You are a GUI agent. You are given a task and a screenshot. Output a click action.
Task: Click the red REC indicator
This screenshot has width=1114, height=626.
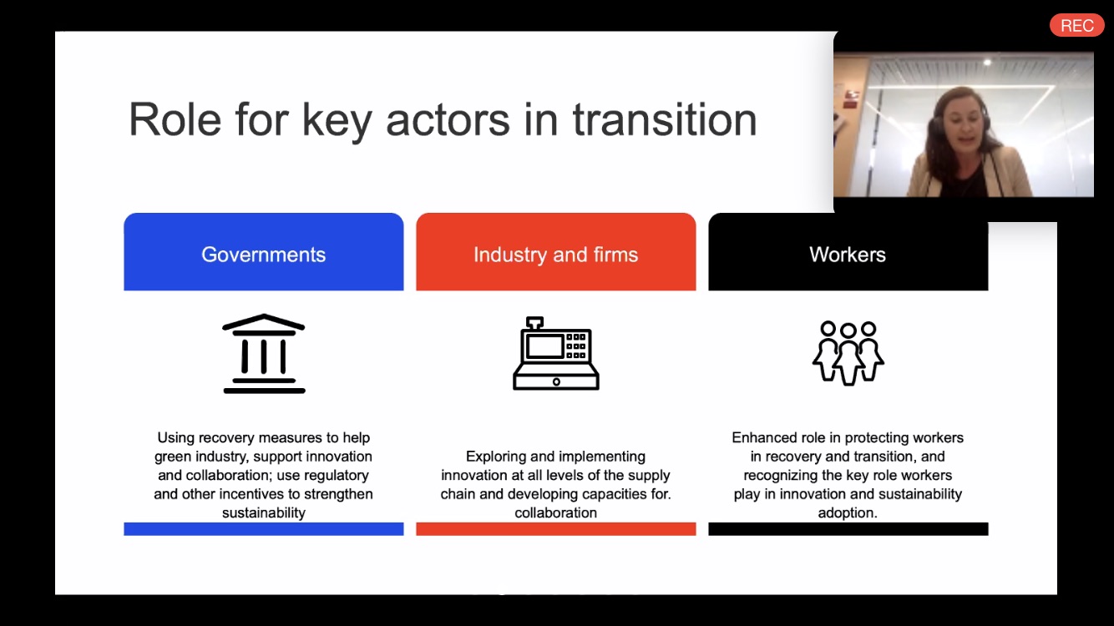(x=1076, y=25)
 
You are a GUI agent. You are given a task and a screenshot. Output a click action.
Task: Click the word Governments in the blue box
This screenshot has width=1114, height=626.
(x=264, y=255)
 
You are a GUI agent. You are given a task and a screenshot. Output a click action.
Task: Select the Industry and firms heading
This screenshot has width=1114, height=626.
(x=555, y=255)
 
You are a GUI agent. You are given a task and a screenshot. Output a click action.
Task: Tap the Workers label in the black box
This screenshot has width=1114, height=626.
(x=848, y=255)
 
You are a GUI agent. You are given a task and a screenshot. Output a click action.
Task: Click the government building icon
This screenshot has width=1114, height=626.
(x=264, y=354)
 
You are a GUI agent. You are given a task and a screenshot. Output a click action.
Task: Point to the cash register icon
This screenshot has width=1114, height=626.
(x=556, y=354)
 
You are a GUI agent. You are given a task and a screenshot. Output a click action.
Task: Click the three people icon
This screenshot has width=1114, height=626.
(x=848, y=354)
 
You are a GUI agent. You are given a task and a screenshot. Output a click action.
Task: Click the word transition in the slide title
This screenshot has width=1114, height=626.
(x=665, y=119)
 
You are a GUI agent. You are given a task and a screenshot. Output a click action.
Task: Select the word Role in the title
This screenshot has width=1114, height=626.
(x=175, y=119)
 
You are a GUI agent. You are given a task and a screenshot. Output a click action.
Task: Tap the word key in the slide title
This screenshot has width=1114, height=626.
(x=337, y=122)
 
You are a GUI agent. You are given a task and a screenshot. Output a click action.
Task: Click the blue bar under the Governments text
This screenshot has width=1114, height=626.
(x=264, y=528)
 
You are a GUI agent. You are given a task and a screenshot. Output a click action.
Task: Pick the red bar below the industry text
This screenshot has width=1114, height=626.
(x=556, y=528)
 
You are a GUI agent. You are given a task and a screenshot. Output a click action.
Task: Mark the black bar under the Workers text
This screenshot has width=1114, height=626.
(x=848, y=528)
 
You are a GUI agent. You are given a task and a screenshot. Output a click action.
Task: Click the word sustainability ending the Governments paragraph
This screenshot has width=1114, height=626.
(x=264, y=513)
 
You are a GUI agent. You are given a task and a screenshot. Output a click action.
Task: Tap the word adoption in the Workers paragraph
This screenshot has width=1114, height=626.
(x=848, y=513)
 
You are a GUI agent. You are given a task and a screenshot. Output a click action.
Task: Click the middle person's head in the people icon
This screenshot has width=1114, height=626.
(x=848, y=331)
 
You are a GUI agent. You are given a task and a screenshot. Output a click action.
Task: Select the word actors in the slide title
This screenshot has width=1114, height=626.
(x=448, y=120)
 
